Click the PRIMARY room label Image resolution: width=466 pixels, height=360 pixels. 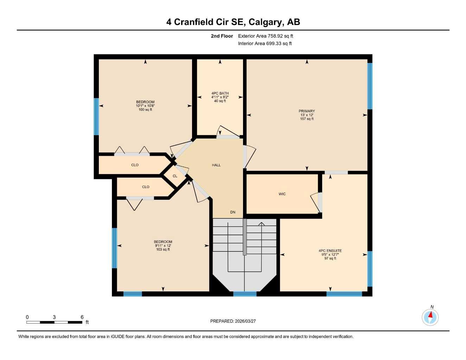click(307, 111)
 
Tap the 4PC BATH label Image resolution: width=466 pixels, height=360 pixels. click(220, 94)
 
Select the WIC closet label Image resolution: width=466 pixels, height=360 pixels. click(282, 194)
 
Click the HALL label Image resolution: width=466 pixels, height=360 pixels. click(216, 165)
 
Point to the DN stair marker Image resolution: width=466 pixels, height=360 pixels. click(232, 212)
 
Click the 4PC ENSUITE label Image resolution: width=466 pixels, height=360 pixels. click(330, 251)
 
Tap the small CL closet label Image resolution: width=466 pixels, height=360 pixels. click(175, 176)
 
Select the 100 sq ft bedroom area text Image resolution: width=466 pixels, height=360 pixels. click(145, 110)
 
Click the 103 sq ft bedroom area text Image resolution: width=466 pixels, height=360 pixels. click(163, 250)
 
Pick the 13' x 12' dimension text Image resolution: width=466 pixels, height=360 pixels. click(307, 115)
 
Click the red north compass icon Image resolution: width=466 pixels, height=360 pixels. click(430, 317)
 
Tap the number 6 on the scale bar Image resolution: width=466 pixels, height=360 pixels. click(82, 317)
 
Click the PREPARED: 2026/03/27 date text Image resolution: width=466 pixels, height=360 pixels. click(233, 321)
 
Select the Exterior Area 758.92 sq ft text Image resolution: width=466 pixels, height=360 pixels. click(266, 36)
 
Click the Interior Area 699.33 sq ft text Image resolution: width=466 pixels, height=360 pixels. click(265, 44)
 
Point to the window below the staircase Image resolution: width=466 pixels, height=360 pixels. click(245, 294)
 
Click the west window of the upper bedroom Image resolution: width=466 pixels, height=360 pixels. click(96, 116)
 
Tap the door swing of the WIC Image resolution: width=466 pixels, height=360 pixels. click(315, 202)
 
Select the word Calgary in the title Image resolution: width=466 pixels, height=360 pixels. click(266, 22)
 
